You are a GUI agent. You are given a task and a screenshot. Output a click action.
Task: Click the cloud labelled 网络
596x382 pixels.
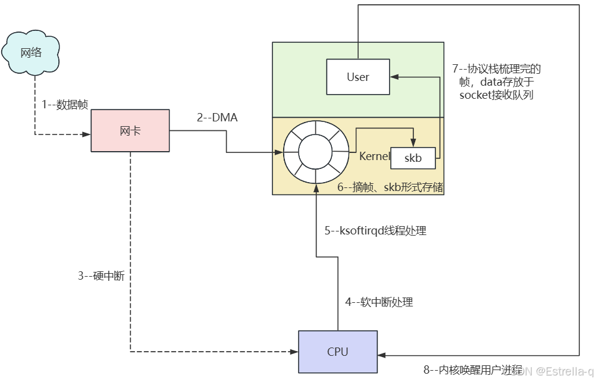[32, 52]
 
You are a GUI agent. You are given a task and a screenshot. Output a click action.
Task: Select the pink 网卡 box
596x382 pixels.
[130, 131]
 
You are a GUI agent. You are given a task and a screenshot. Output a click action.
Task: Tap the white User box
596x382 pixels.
[358, 77]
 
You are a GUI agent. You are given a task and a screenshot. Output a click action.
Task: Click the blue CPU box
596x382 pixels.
[337, 351]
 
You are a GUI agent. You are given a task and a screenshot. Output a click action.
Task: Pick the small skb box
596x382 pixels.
[413, 158]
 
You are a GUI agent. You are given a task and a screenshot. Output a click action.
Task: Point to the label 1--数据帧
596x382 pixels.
[65, 105]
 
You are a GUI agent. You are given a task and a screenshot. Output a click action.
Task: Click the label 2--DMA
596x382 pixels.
[217, 118]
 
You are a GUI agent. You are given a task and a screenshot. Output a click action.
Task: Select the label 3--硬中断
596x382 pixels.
[101, 276]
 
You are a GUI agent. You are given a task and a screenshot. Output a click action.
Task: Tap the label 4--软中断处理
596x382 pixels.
[379, 302]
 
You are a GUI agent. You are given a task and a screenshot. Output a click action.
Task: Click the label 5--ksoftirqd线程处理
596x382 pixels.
[375, 231]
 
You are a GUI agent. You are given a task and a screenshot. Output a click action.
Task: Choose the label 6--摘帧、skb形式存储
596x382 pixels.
[390, 187]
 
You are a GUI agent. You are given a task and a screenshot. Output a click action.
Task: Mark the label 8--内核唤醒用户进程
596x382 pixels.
[472, 370]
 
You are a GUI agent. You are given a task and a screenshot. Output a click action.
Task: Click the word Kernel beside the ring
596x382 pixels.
[374, 156]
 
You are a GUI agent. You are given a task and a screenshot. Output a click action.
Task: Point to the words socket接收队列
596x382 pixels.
[497, 94]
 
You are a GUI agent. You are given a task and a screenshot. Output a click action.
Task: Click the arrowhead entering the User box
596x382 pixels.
[394, 76]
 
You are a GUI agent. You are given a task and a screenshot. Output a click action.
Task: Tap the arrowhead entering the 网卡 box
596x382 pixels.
[87, 134]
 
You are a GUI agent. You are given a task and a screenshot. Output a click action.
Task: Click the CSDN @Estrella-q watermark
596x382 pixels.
[553, 372]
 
